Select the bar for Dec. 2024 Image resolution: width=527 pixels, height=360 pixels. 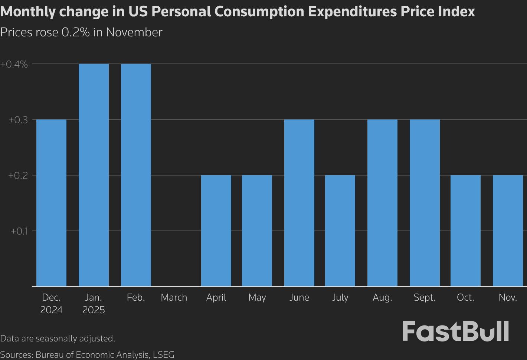coord(51,203)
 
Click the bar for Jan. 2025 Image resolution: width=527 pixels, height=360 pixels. coord(94,175)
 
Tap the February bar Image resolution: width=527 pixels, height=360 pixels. coord(136,175)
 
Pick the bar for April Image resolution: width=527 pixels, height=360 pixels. coord(216,230)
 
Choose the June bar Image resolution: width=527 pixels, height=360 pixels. coord(299,203)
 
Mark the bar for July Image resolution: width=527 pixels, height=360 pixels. coord(340,230)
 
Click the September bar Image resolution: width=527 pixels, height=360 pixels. coord(425,203)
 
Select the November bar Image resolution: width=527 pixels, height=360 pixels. coord(508,230)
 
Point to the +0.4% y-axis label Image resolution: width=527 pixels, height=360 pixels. coord(14,64)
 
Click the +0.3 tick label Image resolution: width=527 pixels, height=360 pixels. coord(18,120)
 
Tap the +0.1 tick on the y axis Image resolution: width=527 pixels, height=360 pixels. coord(19,231)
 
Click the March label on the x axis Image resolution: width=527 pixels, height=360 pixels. coord(174,298)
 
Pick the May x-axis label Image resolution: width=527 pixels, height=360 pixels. coord(257,298)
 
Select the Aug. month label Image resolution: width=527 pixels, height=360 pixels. coord(382,298)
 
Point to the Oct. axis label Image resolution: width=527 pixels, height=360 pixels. coord(465,298)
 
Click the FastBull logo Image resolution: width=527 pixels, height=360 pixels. coord(455,331)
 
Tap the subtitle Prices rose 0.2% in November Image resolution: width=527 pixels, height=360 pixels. coord(81,32)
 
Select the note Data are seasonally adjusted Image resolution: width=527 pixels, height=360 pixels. coord(58,338)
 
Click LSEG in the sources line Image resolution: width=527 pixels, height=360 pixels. coord(164,355)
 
